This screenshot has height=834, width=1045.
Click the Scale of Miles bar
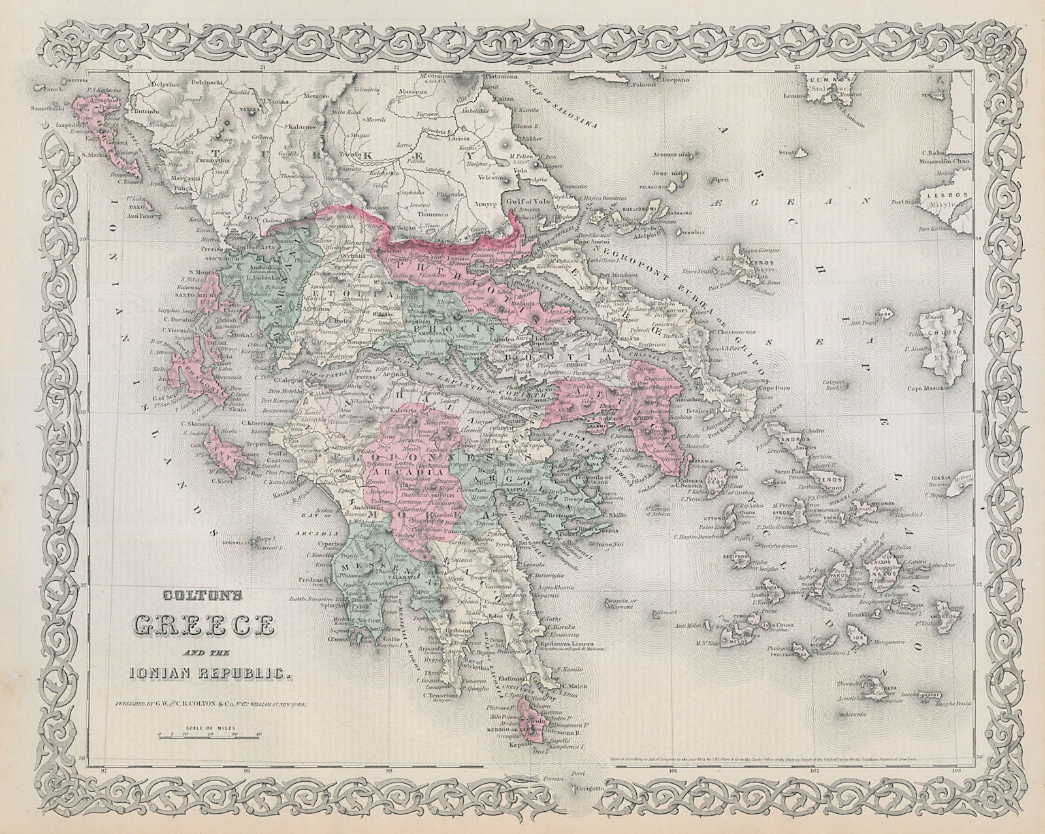pos(209,735)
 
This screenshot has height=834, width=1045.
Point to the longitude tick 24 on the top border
pos(664,67)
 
